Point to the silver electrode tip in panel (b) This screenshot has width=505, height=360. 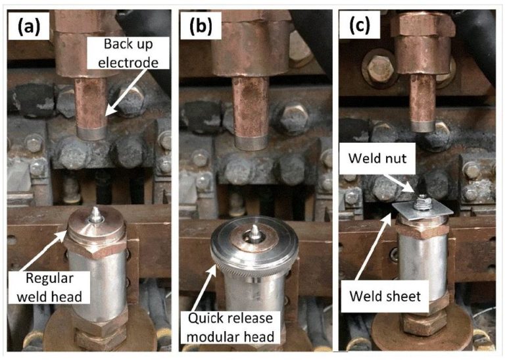248,140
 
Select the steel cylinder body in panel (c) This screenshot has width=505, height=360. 421,263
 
